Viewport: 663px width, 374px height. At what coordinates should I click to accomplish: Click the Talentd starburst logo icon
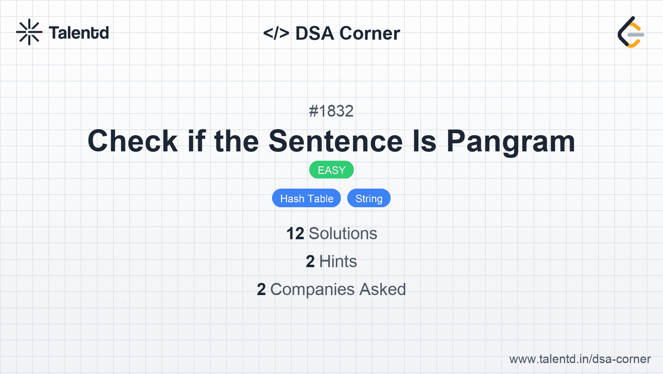click(x=29, y=32)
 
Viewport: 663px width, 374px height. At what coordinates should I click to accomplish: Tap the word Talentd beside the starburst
click(x=79, y=33)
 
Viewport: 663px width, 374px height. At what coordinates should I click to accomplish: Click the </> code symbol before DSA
click(x=276, y=33)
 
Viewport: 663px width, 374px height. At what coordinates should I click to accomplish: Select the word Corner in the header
click(x=370, y=33)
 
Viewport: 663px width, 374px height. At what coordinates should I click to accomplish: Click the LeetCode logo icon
click(x=631, y=32)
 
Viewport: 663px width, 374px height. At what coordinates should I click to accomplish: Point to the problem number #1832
click(x=331, y=111)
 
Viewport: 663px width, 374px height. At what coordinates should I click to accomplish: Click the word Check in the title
click(x=133, y=141)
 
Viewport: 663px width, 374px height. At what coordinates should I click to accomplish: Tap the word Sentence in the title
click(x=336, y=141)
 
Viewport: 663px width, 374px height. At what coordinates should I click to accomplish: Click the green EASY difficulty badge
click(x=331, y=170)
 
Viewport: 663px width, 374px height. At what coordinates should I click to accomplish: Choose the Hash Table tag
click(x=306, y=198)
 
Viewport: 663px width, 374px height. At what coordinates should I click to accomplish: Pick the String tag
click(x=369, y=198)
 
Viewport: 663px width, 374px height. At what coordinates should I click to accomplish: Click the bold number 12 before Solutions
click(x=295, y=234)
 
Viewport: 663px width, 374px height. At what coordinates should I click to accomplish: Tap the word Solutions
click(x=343, y=234)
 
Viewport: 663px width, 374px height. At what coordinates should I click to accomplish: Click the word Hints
click(x=338, y=261)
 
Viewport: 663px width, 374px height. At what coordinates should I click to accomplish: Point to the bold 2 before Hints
click(x=310, y=261)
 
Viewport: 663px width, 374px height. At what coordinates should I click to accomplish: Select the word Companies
click(x=312, y=290)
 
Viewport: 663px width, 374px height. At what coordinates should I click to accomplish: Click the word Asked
click(x=382, y=289)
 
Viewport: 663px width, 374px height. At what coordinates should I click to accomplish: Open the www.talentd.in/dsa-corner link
click(x=580, y=359)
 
